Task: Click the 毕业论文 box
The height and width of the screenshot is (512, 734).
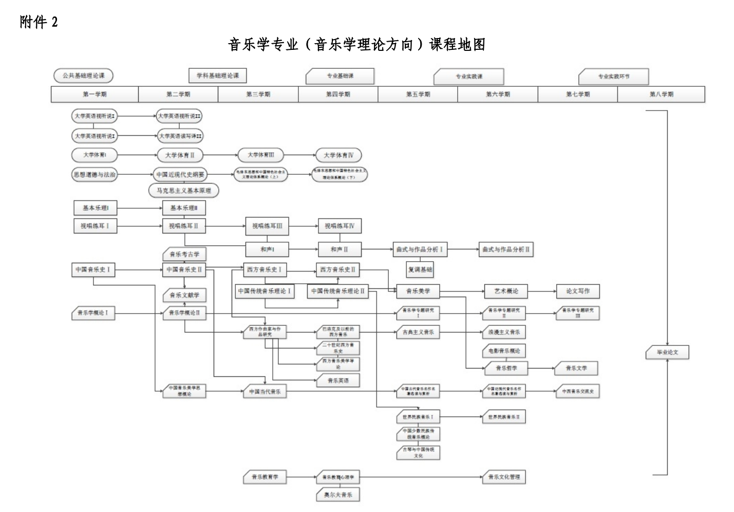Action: point(667,353)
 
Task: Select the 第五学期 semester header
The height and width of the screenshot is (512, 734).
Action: point(418,94)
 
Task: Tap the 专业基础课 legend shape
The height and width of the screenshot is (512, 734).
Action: point(340,76)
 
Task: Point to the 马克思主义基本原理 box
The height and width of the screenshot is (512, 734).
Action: point(184,191)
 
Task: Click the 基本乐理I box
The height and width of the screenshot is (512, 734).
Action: point(96,208)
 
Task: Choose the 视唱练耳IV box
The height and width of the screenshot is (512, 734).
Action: point(339,226)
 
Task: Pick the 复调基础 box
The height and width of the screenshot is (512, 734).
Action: point(420,269)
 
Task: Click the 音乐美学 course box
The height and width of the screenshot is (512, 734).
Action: point(418,291)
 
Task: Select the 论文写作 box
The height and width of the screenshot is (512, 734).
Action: point(578,291)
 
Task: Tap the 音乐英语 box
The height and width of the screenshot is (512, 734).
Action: point(338,380)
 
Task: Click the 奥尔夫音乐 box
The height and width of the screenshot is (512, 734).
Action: point(338,495)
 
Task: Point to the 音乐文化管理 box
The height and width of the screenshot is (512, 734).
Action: point(504,477)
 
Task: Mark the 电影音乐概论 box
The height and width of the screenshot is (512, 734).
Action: point(504,351)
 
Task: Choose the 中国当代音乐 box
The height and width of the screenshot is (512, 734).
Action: point(265,392)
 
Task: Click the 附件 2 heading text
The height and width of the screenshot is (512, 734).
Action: point(39,22)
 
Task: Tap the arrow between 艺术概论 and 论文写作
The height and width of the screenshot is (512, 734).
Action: point(542,291)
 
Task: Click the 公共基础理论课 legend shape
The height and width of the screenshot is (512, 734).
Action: point(83,76)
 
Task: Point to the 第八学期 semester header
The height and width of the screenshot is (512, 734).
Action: point(661,94)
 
